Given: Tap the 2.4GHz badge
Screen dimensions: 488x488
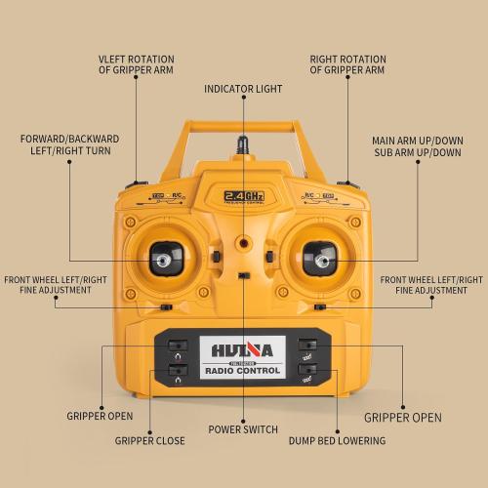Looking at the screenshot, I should [244, 195].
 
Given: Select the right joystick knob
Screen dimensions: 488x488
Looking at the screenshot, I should [319, 260].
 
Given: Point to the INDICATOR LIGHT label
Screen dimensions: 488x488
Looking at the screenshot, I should [243, 89].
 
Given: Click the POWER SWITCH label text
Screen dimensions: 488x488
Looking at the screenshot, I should [243, 429].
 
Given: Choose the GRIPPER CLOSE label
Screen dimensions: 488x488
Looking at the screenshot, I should [149, 441].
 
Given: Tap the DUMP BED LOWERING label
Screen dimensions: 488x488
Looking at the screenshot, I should [337, 441].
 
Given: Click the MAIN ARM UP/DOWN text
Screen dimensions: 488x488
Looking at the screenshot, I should [418, 140].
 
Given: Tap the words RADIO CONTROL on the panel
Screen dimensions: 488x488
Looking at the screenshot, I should [243, 371].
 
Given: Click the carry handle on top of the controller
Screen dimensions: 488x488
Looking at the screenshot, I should [244, 126].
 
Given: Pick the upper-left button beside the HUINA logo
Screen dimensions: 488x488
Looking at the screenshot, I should [177, 345].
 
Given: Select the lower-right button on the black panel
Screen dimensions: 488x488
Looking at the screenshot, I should [308, 369].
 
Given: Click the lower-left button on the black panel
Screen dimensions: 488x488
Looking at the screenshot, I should [177, 370].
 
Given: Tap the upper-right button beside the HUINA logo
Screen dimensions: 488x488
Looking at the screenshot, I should [308, 345].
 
